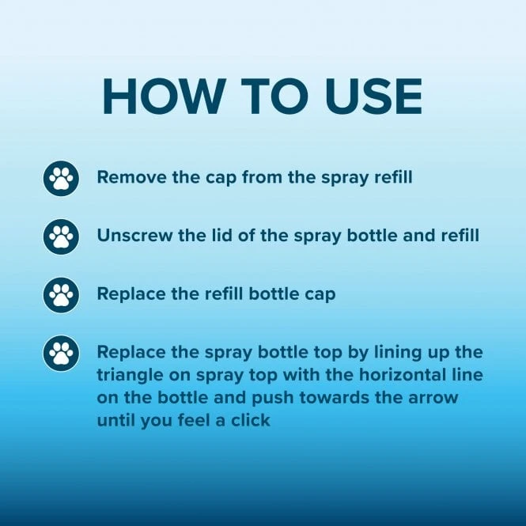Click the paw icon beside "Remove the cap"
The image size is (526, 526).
pos(61,177)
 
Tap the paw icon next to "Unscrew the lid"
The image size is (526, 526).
pos(61,236)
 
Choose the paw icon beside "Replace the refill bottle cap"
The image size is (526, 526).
pos(61,294)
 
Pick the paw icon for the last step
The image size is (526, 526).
pos(61,353)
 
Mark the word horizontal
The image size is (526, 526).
pos(400,374)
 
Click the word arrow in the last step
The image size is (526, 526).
pos(437,397)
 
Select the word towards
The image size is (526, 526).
pos(335,397)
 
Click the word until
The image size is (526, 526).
pos(117,420)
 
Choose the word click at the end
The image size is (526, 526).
pos(252,420)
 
